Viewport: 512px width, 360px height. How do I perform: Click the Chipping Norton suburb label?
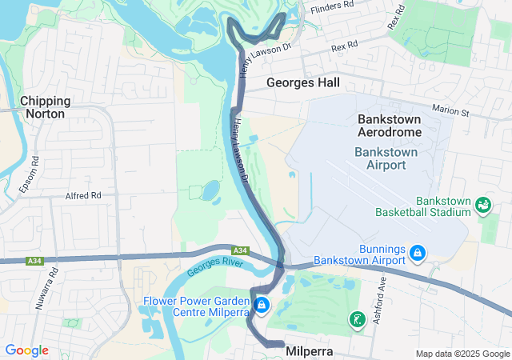[46, 107]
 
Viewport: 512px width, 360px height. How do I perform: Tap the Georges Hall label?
[302, 82]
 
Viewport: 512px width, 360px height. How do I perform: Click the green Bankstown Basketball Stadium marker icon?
[483, 206]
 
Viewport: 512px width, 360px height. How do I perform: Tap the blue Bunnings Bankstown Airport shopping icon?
[416, 254]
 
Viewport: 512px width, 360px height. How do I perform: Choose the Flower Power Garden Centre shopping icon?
[261, 306]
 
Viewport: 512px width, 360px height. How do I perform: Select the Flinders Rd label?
[332, 6]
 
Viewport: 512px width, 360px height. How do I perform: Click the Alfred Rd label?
[83, 194]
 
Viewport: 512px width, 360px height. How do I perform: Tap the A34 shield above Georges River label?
[241, 250]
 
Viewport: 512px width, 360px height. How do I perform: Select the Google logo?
[26, 350]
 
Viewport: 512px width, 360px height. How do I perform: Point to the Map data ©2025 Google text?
[463, 354]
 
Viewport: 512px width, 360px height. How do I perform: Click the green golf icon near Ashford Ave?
[354, 320]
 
